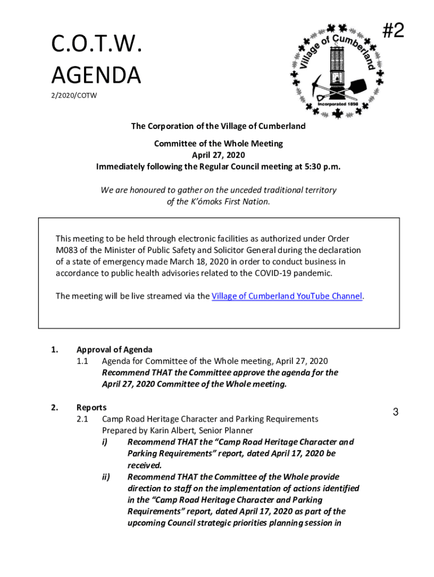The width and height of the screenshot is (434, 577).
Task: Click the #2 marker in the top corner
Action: click(x=393, y=30)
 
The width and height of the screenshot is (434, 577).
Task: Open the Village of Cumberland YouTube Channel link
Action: click(x=286, y=296)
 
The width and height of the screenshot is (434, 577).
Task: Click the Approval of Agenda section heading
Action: click(x=114, y=349)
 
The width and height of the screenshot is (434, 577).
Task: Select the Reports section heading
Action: click(x=91, y=407)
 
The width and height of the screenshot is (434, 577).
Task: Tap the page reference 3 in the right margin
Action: click(x=396, y=412)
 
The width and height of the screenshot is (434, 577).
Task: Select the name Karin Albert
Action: click(x=169, y=430)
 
